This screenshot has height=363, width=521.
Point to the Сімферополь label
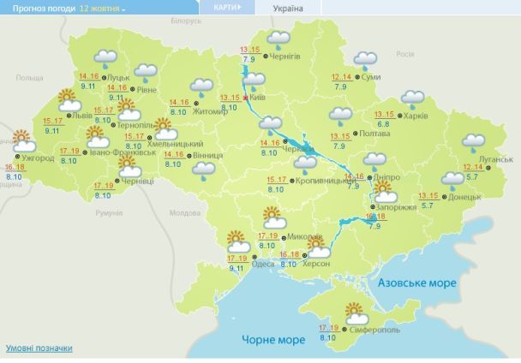click(374, 330)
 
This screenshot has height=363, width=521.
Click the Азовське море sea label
click(416, 283)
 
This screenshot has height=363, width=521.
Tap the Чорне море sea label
click(272, 340)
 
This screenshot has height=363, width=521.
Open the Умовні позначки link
click(39, 348)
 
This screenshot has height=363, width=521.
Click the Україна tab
click(287, 8)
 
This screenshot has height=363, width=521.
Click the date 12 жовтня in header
click(101, 8)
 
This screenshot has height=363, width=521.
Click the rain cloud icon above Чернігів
click(278, 39)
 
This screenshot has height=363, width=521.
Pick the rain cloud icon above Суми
click(365, 61)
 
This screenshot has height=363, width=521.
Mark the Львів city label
click(83, 113)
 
